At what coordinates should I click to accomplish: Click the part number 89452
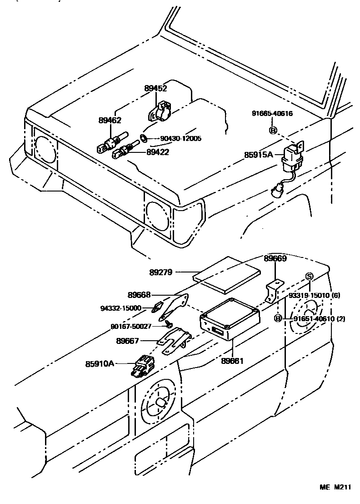[x=156, y=89]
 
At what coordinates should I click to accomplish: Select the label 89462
[x=110, y=121]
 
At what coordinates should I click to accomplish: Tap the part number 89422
[x=158, y=152]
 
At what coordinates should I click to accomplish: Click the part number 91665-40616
[x=273, y=114]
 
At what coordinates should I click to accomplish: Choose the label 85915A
[x=258, y=155]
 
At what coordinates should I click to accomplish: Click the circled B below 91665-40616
[x=273, y=131]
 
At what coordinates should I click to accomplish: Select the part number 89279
[x=160, y=272]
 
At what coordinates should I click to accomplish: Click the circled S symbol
[x=310, y=277]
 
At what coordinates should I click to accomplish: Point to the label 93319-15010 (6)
[x=314, y=296]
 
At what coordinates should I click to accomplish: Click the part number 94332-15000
[x=120, y=308]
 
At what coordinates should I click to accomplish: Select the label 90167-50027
[x=131, y=326]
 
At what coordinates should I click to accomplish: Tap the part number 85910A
[x=100, y=363]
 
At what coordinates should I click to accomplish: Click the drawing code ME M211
[x=335, y=487]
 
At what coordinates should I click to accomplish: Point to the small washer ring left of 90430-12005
[x=144, y=138]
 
